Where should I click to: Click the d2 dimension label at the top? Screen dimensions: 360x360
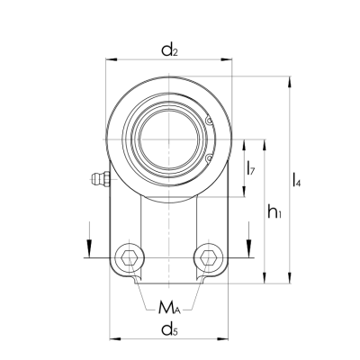point(168,50)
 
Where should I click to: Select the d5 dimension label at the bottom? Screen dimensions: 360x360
point(168,330)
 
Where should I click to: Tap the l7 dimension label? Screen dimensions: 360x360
point(251,167)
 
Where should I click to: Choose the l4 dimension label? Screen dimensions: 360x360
point(296,183)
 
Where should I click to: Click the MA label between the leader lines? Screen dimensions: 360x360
point(168,309)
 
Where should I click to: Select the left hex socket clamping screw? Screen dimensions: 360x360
point(130,258)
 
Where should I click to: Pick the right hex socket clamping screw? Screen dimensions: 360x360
point(209,258)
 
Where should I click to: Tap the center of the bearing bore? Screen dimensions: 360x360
point(168,139)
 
